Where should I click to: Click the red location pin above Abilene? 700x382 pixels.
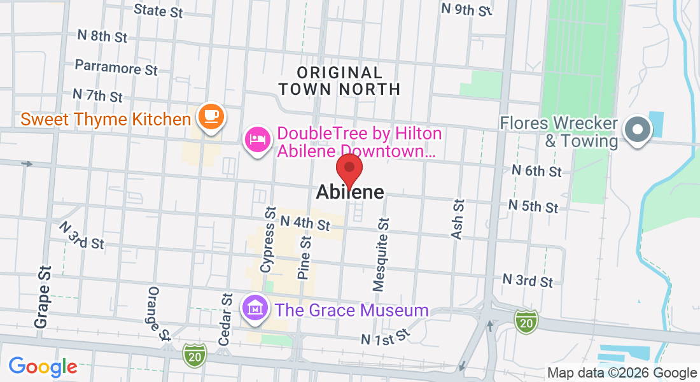coord(349,168)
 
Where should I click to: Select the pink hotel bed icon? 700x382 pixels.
coord(257,139)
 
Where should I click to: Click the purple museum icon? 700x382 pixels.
coord(255,309)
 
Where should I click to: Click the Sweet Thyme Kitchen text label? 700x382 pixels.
coord(106,119)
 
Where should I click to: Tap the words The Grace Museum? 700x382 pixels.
coord(351,311)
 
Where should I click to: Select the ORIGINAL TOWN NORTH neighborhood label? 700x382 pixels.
coord(339,81)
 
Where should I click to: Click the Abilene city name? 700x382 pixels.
coord(350,192)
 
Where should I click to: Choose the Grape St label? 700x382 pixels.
coord(42,297)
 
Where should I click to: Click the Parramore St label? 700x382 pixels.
coord(116,66)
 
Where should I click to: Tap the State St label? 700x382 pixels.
coord(158,10)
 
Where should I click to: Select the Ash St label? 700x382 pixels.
coord(457,219)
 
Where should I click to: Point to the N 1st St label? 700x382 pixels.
coord(384,337)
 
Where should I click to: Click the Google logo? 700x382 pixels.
coord(43,367)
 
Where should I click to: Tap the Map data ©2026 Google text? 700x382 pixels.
coord(622,373)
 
